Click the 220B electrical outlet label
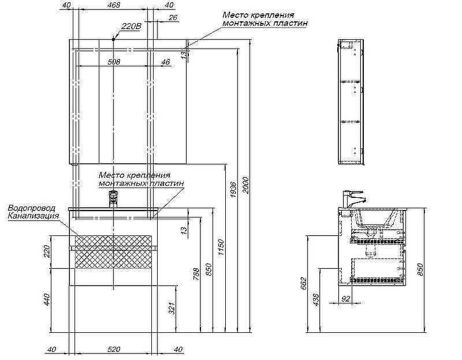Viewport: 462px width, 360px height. [132, 26]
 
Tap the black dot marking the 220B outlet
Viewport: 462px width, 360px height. [113, 39]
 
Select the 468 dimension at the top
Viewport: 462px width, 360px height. [114, 5]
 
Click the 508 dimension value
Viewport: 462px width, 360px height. [114, 62]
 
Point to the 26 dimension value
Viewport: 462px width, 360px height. [173, 18]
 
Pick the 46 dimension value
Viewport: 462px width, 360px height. [166, 62]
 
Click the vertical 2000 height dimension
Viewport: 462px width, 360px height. [247, 185]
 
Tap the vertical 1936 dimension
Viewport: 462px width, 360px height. [233, 190]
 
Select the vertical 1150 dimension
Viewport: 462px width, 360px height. [221, 247]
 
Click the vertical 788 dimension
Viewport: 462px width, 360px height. [196, 273]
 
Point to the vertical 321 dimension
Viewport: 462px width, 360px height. [172, 308]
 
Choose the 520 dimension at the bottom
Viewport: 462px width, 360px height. [114, 350]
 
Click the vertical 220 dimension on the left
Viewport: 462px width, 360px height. [47, 252]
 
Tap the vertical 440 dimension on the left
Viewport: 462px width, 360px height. [47, 299]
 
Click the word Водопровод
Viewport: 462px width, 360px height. [32, 208]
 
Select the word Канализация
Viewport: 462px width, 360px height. [33, 216]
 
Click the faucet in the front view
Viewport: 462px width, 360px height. [113, 198]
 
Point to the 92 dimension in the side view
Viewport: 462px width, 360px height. [345, 298]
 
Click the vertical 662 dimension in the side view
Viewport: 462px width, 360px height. [304, 283]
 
